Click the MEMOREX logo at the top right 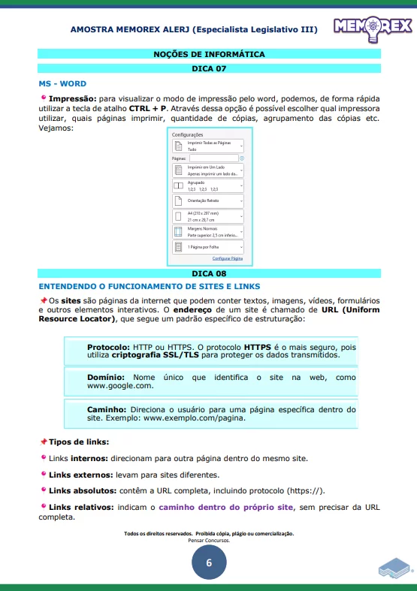(x=371, y=28)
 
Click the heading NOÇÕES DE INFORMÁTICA (x=209, y=54)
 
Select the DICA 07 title (x=209, y=68)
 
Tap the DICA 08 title (x=209, y=273)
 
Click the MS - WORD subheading (x=62, y=83)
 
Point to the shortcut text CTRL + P (x=149, y=108)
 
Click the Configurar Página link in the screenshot (x=227, y=258)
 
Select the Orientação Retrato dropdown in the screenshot (x=209, y=201)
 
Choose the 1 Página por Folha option (x=209, y=246)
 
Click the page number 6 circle (x=208, y=562)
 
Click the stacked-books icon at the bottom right (x=394, y=567)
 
